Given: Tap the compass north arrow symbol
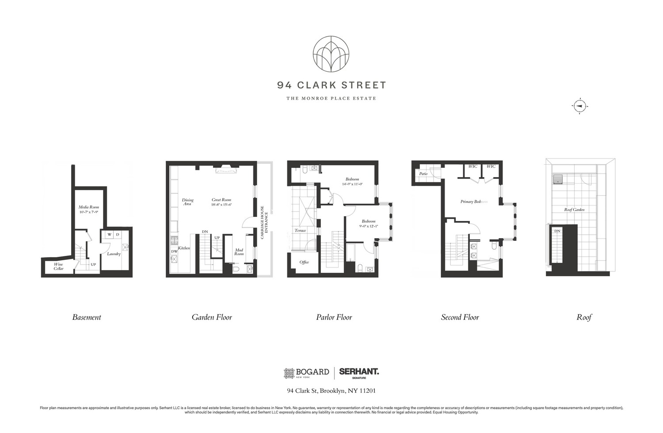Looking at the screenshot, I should pos(579,106).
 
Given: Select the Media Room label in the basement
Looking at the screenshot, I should pos(88,207).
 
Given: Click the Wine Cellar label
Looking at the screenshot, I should pos(59,267).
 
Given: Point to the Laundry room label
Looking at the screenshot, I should pos(114,254).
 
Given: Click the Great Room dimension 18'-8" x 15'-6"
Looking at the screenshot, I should pos(221,205).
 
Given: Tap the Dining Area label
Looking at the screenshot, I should pos(187,202).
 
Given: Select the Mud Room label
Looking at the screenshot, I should pos(239,252).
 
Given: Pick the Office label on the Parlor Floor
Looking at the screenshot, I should pos(304,262).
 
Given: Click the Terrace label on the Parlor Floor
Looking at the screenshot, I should pos(300,230).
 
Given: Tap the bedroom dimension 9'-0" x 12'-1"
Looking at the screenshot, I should pos(369,226).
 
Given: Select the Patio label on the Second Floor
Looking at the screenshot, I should pos(423,174).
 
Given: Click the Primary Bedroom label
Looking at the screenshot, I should pos(474,201).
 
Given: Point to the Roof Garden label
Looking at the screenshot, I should pos(574,209).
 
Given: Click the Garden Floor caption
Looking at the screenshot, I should pos(212,317).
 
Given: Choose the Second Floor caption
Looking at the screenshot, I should pos(460,317).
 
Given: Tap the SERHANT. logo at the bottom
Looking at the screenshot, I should pos(359,373).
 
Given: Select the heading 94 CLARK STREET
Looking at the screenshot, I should pos(331,85).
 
